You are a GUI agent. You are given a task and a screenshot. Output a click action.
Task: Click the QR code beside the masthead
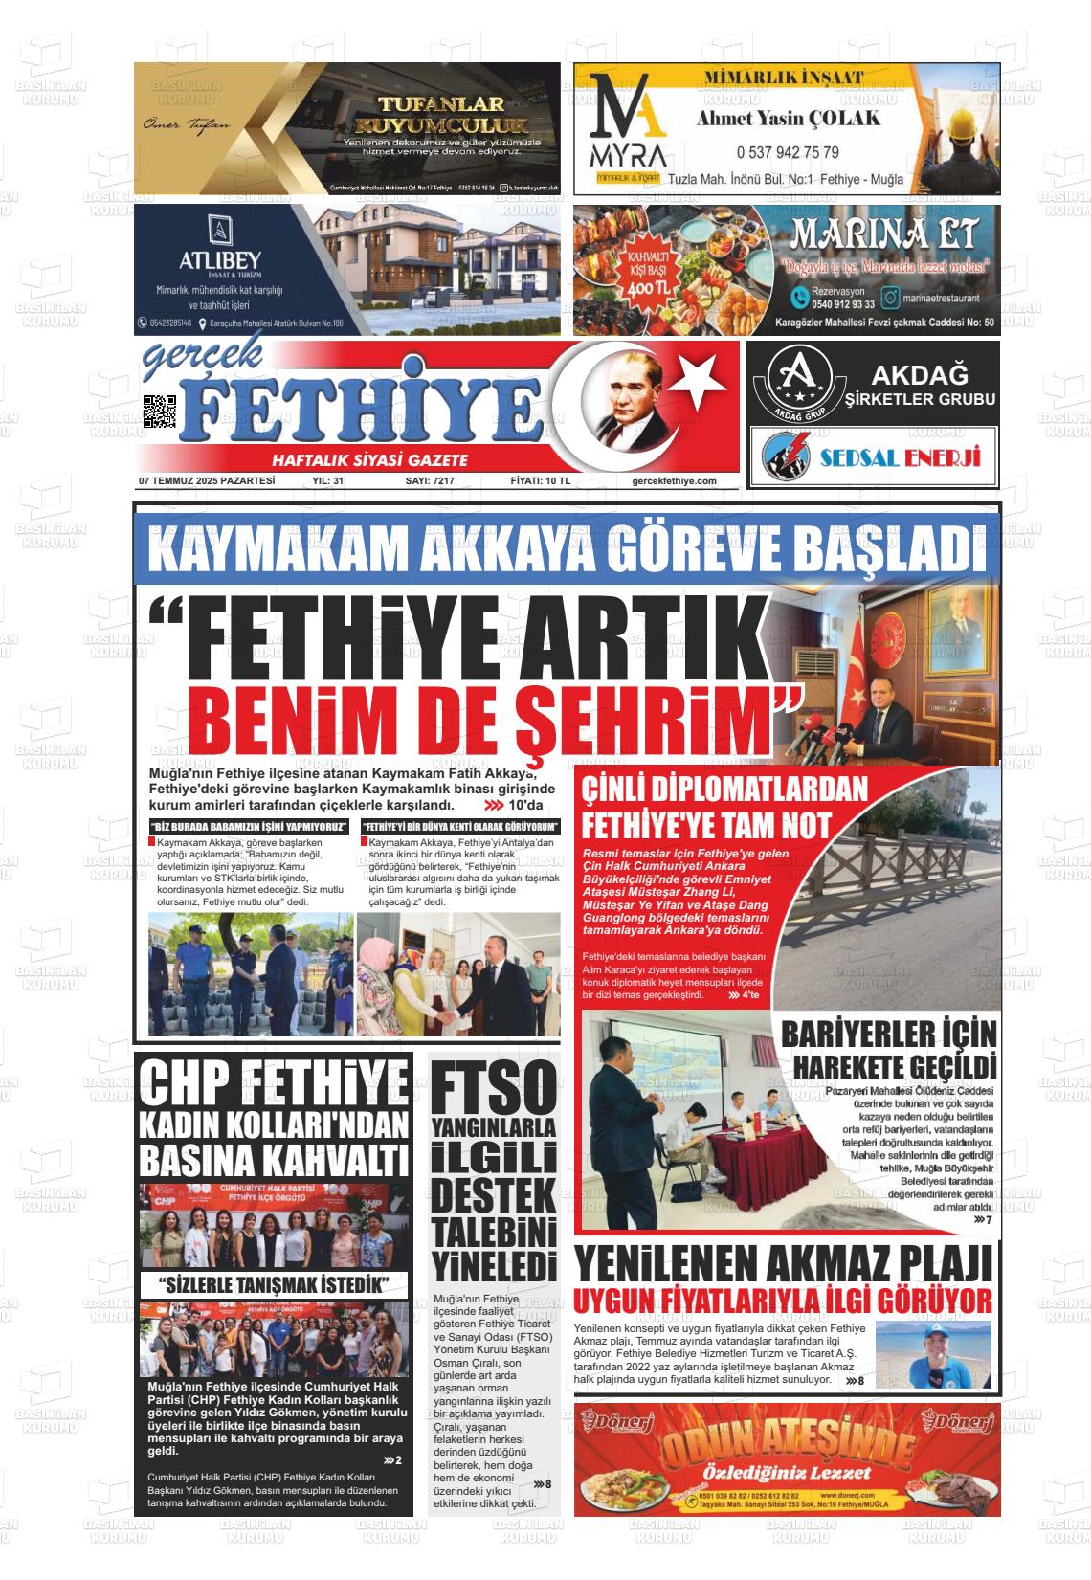click(160, 412)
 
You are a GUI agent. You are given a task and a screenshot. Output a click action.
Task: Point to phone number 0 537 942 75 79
click(788, 152)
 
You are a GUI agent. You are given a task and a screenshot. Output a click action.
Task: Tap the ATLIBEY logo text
click(220, 260)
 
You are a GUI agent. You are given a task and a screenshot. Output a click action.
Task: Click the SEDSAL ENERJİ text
click(901, 457)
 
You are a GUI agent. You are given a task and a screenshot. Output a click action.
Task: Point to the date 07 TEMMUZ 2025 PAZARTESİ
click(207, 481)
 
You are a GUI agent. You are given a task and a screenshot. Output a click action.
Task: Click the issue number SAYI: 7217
click(430, 481)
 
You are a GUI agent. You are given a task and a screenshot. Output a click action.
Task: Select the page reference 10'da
click(525, 805)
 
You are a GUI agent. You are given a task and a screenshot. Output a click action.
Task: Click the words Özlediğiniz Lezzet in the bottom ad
click(787, 1472)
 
